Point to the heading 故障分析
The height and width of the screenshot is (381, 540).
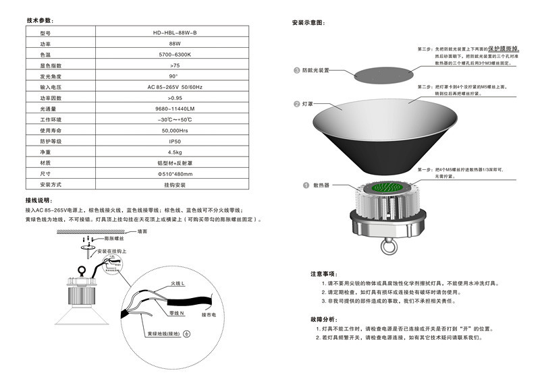click(x=323, y=318)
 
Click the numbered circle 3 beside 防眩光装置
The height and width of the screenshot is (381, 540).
click(x=296, y=70)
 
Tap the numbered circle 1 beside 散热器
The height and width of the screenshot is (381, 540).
click(x=296, y=184)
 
